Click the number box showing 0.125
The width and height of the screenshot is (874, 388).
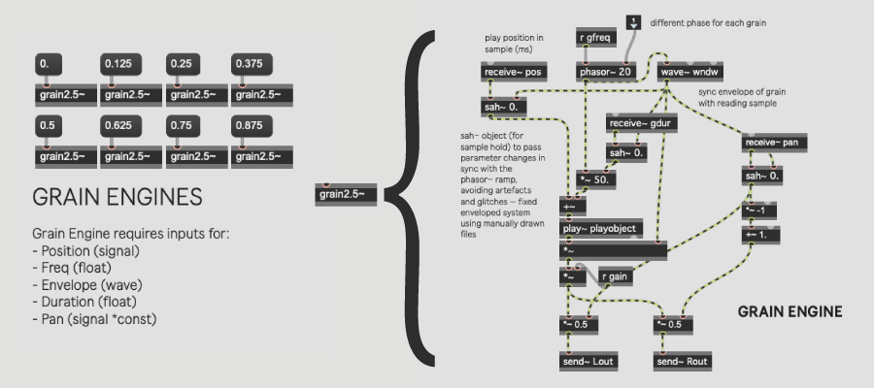coord(121,64)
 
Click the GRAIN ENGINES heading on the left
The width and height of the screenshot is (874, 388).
coord(117,197)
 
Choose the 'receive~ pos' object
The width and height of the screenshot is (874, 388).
coord(514,71)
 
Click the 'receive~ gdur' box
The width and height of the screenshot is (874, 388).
coord(641,122)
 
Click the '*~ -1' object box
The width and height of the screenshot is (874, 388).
coord(759,210)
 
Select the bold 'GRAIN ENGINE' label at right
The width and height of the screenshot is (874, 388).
coord(790,312)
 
